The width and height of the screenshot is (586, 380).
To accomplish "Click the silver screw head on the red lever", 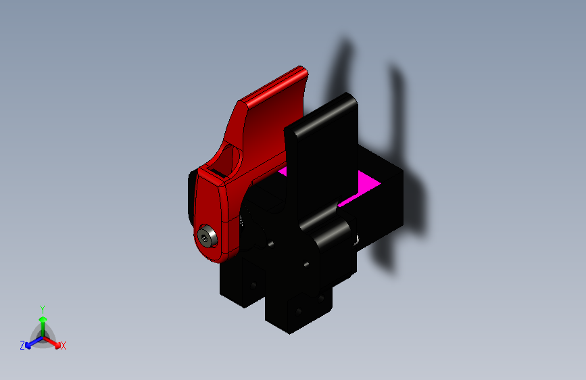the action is point(207,236).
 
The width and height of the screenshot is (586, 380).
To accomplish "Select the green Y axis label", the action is point(43,309).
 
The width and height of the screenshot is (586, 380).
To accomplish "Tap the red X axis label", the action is point(63,346).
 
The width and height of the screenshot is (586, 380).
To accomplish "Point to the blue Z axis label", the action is point(22,345).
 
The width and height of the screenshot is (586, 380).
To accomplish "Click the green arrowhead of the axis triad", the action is point(43,319).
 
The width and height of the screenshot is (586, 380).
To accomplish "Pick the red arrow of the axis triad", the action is point(52,341).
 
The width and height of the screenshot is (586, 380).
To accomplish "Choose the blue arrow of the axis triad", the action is point(34,342).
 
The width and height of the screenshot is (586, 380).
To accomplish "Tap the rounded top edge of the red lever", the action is point(273,84).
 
